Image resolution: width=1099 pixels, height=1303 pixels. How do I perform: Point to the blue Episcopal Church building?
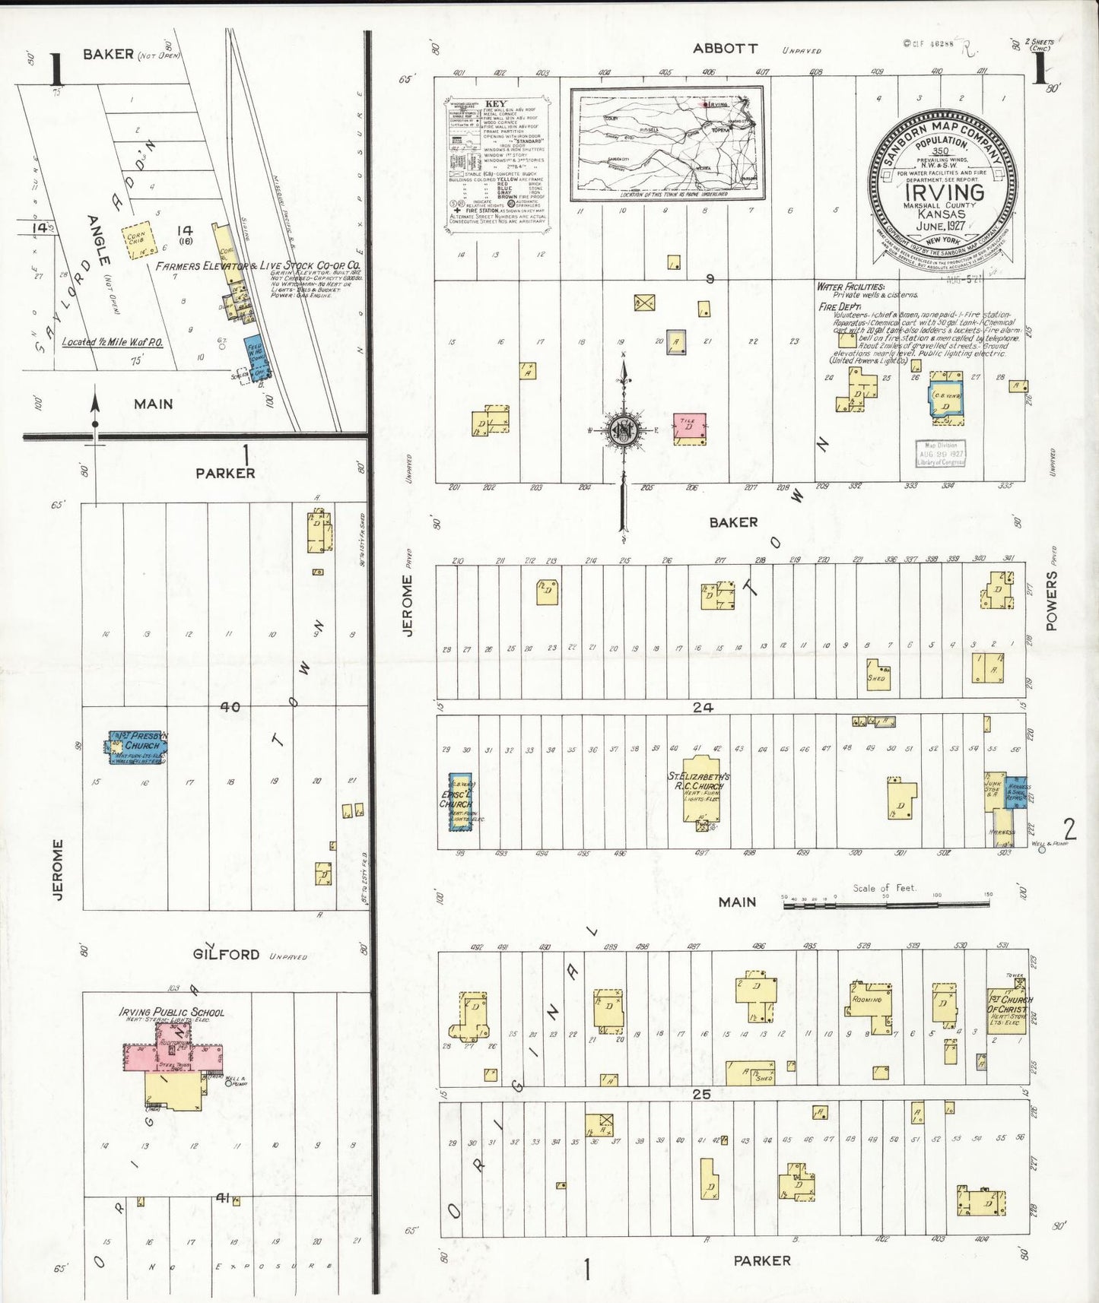click(459, 801)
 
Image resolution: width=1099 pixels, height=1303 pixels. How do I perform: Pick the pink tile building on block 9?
click(689, 429)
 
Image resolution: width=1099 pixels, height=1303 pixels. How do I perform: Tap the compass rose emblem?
click(624, 430)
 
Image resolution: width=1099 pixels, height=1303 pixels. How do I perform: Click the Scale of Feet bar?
click(886, 905)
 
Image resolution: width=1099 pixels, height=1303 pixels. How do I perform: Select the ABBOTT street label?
click(725, 48)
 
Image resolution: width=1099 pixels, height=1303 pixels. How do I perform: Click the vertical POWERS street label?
click(1052, 601)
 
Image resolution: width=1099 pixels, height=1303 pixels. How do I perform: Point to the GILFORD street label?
click(226, 954)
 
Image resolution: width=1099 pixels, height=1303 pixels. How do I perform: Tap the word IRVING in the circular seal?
click(944, 192)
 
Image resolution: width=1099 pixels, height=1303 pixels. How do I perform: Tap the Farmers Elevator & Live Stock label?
click(257, 266)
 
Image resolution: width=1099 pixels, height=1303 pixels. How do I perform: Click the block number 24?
click(702, 707)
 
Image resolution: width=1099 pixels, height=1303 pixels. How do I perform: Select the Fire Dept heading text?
click(839, 306)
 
